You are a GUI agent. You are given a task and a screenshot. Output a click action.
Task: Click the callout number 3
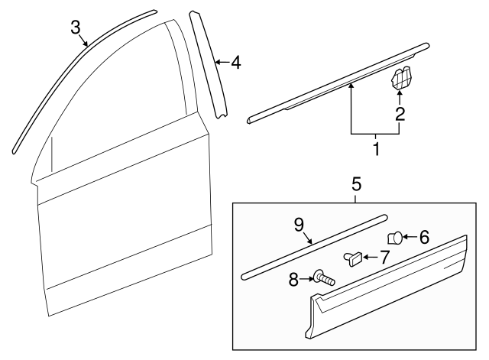pyautogui.click(x=76, y=28)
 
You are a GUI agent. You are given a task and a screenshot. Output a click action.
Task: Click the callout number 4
pyautogui.click(x=235, y=63)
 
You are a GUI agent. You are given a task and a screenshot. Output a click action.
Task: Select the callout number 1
pyautogui.click(x=375, y=146)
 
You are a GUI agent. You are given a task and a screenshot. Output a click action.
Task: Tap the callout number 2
pyautogui.click(x=399, y=115)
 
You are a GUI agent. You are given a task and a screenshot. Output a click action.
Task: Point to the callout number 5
pyautogui.click(x=356, y=183)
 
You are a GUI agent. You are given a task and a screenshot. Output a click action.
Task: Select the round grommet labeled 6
pyautogui.click(x=396, y=237)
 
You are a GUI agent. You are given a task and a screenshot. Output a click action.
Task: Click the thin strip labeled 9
pyautogui.click(x=313, y=245)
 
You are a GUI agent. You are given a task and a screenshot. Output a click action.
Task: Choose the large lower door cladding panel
pyautogui.click(x=390, y=287)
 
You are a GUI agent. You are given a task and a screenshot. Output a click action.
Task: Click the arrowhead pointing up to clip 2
pyautogui.click(x=400, y=95)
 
